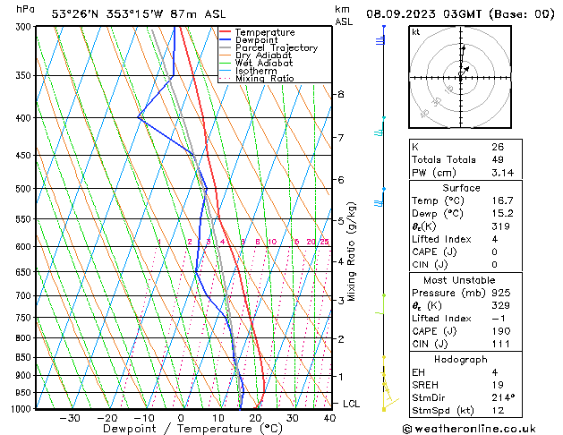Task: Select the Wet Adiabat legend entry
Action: coord(264,64)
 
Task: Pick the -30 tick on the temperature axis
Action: coord(70,417)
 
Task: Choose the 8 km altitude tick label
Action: coord(340,94)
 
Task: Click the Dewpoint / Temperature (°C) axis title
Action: coord(180,429)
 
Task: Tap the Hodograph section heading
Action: coord(461,359)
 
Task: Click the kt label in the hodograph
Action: coord(416,31)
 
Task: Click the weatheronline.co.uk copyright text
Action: coord(482,428)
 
